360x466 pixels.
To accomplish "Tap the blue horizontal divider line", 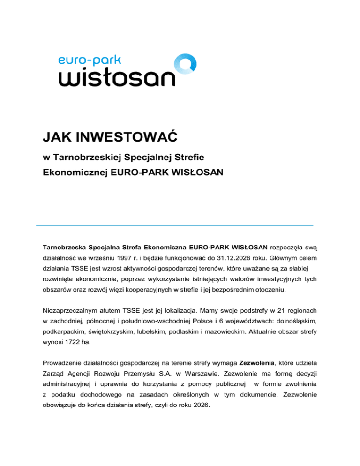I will [x=174, y=225].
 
